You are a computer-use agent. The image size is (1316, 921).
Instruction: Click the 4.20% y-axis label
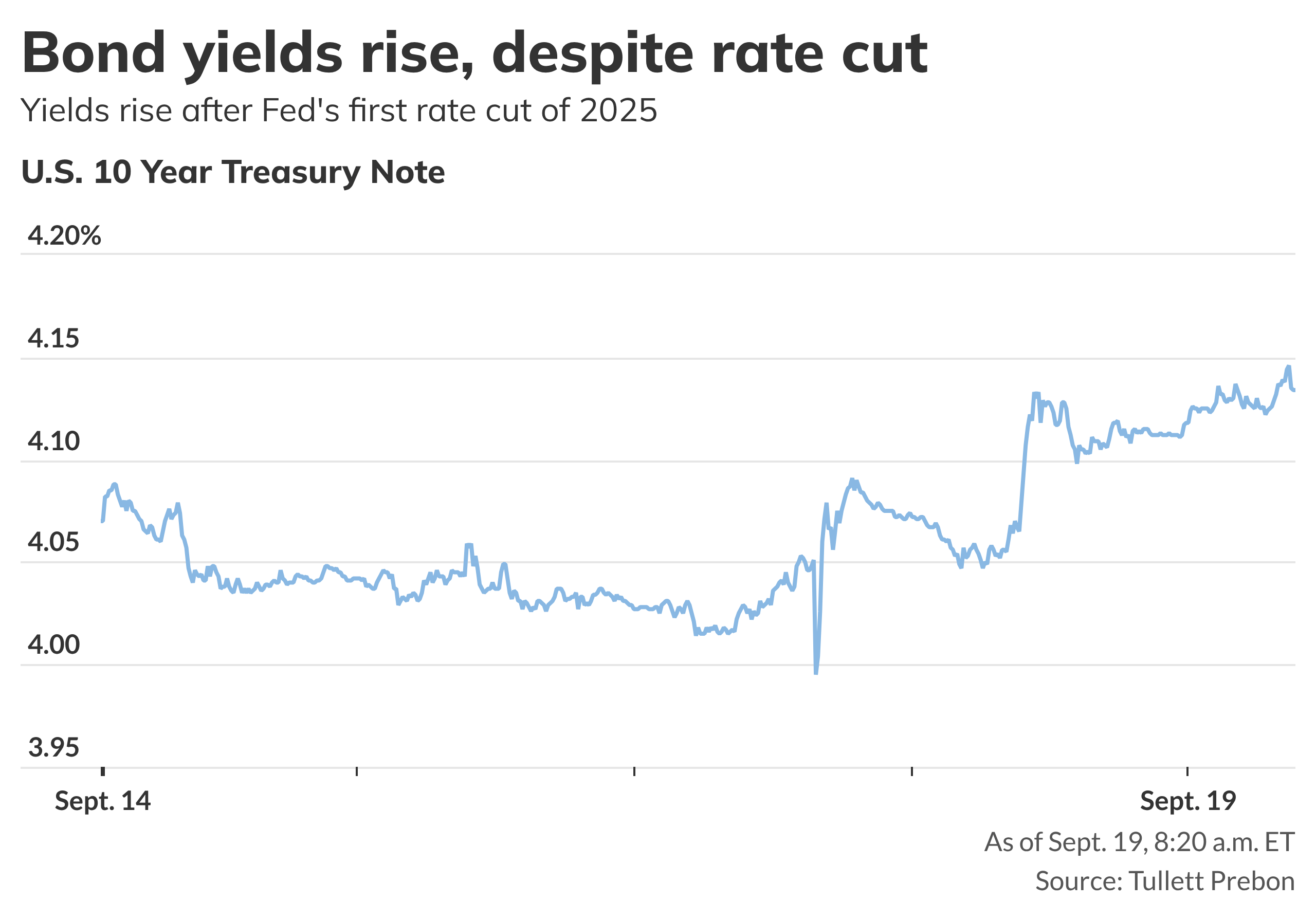click(64, 235)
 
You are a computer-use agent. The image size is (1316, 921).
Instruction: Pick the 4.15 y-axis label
click(53, 339)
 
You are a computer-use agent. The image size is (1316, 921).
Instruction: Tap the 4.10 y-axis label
click(53, 441)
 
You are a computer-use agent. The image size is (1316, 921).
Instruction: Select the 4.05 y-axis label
click(53, 542)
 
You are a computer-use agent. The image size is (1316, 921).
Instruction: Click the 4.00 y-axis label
click(53, 645)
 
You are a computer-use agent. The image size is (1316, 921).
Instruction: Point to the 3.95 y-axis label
click(53, 748)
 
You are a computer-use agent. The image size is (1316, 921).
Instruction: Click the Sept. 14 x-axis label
click(103, 801)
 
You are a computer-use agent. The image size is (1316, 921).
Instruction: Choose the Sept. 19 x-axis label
click(1187, 801)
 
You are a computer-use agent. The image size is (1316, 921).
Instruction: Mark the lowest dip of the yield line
click(816, 673)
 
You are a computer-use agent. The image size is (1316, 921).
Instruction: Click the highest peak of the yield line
click(1288, 367)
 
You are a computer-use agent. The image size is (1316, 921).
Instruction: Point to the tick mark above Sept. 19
click(1187, 771)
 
